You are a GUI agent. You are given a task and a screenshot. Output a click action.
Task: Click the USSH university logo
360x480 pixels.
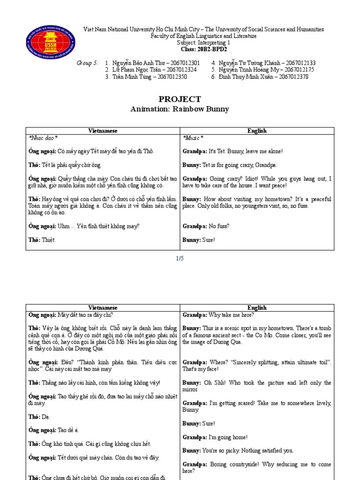(50, 41)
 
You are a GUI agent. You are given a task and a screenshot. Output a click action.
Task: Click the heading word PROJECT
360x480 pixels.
(180, 99)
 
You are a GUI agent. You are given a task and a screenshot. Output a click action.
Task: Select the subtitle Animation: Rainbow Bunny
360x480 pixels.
(180, 109)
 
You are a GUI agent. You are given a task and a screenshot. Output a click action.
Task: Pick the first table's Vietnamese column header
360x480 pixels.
(103, 131)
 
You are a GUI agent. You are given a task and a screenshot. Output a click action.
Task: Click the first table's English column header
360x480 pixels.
(257, 131)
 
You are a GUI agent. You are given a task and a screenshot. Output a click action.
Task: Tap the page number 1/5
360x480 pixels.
(180, 258)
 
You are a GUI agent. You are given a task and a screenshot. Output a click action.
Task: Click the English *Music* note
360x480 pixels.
(193, 138)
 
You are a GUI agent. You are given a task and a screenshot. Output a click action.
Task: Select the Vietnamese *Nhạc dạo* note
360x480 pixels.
(43, 138)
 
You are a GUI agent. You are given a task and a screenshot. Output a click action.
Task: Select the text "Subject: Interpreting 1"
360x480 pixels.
(203, 42)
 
